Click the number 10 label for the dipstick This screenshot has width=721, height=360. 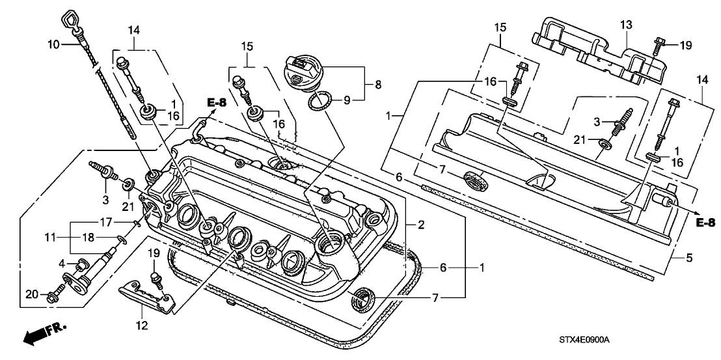(x=53, y=44)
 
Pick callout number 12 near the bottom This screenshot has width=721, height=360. (x=142, y=325)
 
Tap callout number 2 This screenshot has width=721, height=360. (x=422, y=225)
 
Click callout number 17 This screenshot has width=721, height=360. (x=105, y=222)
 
